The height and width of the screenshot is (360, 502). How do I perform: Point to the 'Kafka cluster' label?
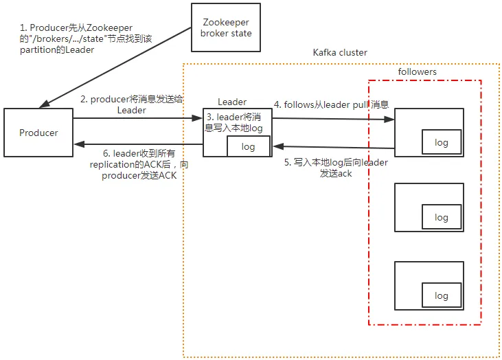pyautogui.click(x=340, y=52)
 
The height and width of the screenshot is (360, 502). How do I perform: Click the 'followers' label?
pyautogui.click(x=417, y=71)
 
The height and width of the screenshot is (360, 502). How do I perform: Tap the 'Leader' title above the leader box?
pyautogui.click(x=232, y=102)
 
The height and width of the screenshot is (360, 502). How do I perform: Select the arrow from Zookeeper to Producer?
pyautogui.click(x=115, y=67)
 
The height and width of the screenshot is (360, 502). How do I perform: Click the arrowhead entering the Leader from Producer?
pyautogui.click(x=197, y=118)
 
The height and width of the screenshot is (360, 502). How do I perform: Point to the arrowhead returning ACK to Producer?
pyautogui.click(x=79, y=144)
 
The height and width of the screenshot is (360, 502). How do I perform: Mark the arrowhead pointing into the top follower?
pyautogui.click(x=389, y=120)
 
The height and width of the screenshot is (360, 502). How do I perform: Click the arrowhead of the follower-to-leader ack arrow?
pyautogui.click(x=278, y=146)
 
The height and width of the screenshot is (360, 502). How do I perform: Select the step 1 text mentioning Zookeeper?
pyautogui.click(x=86, y=38)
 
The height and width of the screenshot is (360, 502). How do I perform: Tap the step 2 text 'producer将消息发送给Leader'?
pyautogui.click(x=132, y=104)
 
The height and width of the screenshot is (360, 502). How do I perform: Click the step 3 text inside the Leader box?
pyautogui.click(x=233, y=122)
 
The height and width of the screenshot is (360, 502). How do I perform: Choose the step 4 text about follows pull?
pyautogui.click(x=332, y=104)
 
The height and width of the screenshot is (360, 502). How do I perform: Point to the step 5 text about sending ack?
pyautogui.click(x=336, y=168)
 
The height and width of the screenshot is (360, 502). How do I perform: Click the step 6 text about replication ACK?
pyautogui.click(x=139, y=165)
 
